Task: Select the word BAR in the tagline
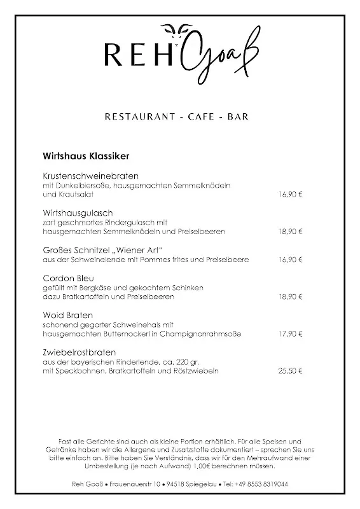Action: click(235, 116)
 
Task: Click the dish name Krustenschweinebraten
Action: click(91, 176)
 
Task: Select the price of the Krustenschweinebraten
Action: click(290, 194)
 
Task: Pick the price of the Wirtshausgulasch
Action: click(290, 232)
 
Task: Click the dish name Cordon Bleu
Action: click(69, 279)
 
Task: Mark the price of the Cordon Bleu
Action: click(290, 297)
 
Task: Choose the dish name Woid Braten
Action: click(68, 316)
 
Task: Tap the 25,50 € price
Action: click(290, 371)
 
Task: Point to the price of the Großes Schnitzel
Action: click(290, 260)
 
